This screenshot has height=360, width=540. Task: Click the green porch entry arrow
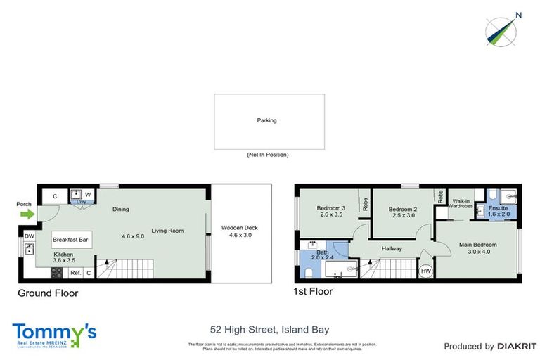point(26,215)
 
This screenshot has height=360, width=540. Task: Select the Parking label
point(266,120)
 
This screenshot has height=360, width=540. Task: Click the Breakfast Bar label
point(70,240)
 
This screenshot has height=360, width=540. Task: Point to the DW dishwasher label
point(29,236)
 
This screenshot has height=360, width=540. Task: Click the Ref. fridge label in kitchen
point(75,273)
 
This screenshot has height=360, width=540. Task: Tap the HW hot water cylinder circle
point(425,271)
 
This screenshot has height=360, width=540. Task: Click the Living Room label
point(167,231)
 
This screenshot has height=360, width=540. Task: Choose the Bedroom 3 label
point(330,208)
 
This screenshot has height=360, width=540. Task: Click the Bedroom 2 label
point(403,210)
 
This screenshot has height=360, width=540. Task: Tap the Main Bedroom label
point(478,245)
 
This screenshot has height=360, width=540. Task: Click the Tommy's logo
point(54,333)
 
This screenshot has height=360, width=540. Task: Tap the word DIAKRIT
point(517,346)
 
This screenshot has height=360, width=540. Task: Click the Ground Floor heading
point(48,293)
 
